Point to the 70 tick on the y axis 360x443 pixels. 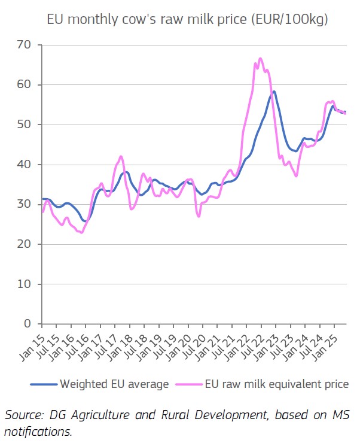pos(25,45)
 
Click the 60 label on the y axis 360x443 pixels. pos(25,85)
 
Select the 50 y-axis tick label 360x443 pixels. pos(25,125)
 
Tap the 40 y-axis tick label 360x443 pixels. pos(25,165)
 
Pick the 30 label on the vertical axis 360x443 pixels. pos(25,204)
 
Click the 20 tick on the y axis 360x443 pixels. pos(25,244)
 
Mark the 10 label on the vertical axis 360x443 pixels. pos(25,284)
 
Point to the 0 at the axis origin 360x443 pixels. pos(28,324)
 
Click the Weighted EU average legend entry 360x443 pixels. pos(114,384)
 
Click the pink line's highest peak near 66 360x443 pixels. pos(260,59)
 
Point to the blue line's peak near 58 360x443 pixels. pos(274,92)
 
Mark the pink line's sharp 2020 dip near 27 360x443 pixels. pos(199,216)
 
